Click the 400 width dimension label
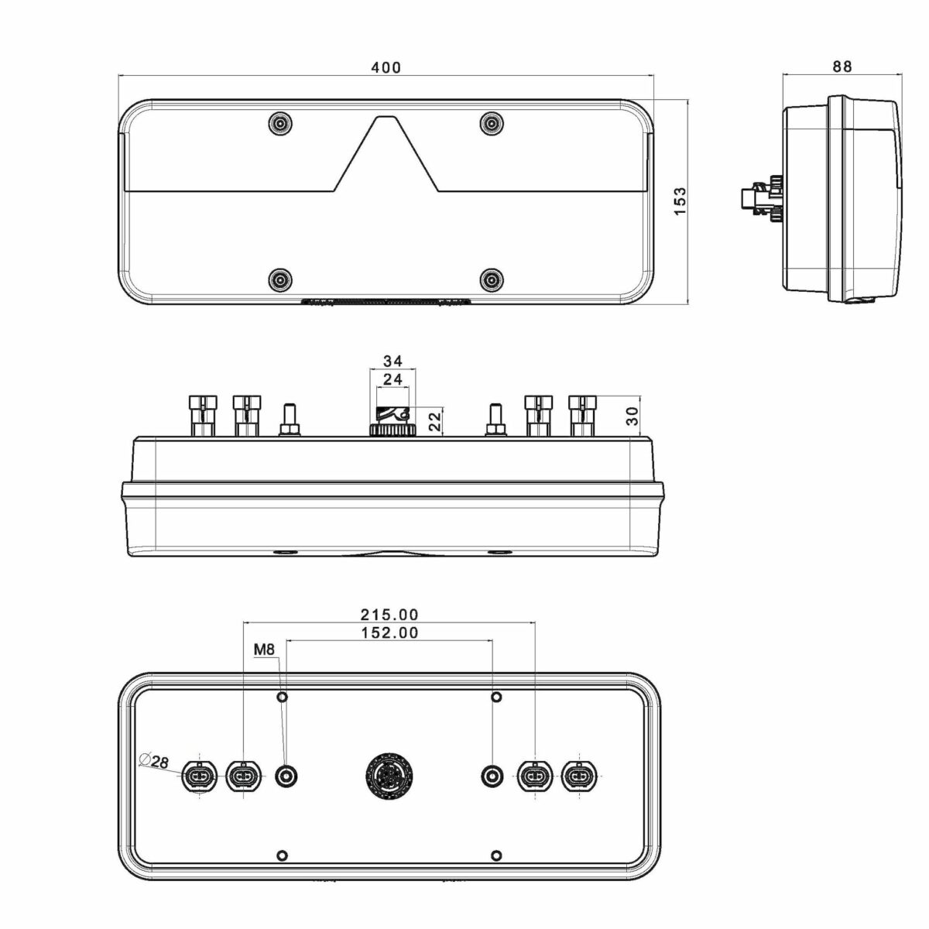(386, 67)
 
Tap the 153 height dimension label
(679, 201)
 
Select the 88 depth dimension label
(842, 67)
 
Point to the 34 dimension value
(393, 361)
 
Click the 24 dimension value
(393, 379)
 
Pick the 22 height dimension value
(435, 422)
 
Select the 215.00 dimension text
(389, 615)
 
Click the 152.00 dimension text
(389, 632)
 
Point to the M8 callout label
(264, 650)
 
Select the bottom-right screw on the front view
(491, 279)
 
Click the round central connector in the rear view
(389, 776)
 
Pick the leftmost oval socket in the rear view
(199, 776)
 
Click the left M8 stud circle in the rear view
(286, 776)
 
